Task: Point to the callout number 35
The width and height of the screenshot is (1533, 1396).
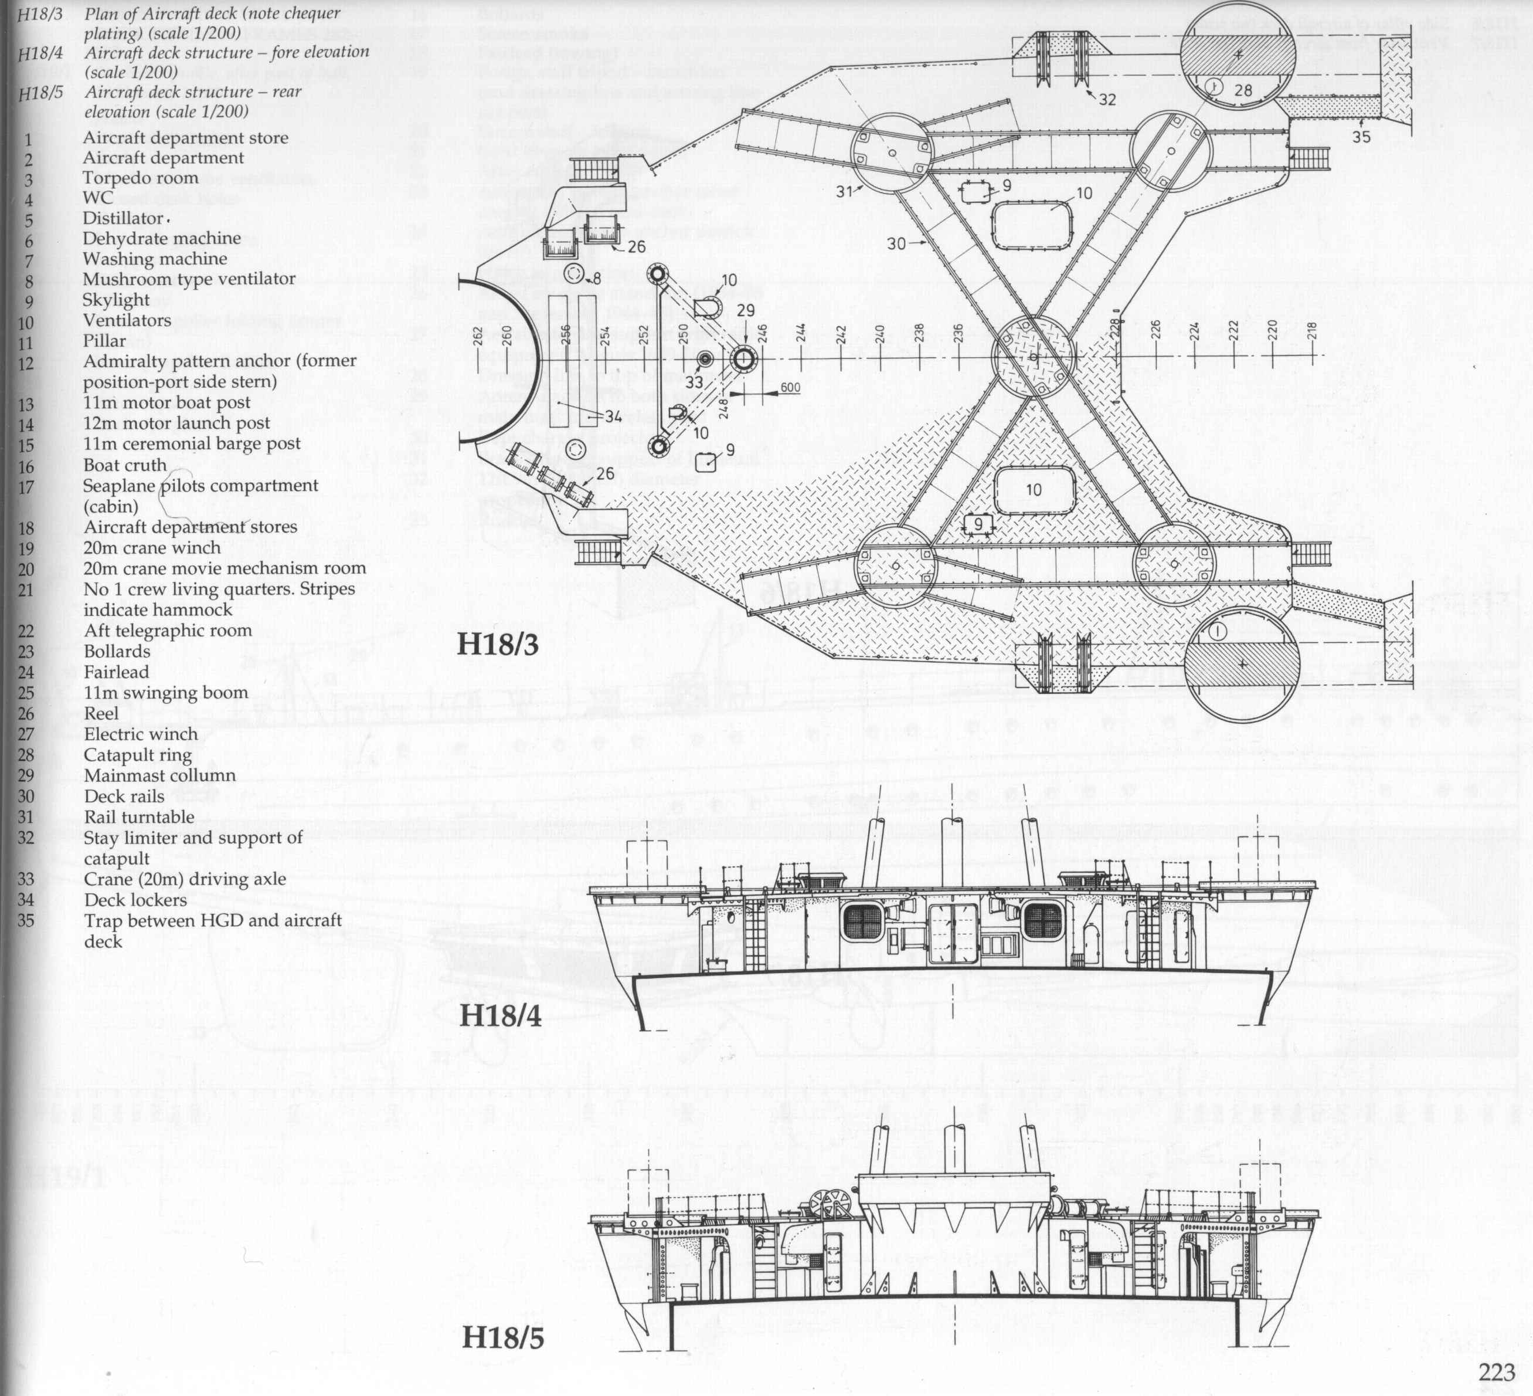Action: click(1361, 137)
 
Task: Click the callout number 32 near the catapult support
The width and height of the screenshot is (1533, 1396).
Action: click(1107, 100)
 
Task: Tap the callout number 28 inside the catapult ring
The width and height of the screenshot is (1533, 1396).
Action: click(1242, 90)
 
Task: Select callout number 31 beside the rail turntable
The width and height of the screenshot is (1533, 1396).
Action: click(845, 192)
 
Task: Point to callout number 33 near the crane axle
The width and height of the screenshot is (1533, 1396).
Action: click(694, 382)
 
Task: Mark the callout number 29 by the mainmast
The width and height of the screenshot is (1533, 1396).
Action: click(745, 310)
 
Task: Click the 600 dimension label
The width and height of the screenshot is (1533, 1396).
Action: click(790, 387)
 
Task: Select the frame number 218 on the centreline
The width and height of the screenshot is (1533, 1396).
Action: click(1312, 331)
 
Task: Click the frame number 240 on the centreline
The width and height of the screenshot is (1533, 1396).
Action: click(880, 335)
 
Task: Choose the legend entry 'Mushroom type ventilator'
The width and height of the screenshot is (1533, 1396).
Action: click(189, 279)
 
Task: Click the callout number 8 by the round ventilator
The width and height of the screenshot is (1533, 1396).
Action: click(597, 279)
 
